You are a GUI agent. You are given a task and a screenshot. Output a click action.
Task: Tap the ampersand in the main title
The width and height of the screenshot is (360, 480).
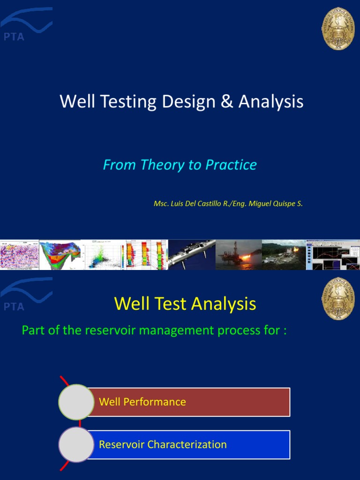pos(227,102)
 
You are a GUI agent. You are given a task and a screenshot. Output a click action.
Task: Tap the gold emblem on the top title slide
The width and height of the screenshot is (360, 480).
pos(338,29)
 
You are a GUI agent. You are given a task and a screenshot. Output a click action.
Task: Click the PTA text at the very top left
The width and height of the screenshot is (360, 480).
pos(14,37)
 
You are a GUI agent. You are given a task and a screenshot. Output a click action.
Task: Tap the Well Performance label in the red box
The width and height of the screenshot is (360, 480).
pos(142,402)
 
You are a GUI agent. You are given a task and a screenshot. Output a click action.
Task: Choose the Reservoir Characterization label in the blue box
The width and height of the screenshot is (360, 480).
pos(163,444)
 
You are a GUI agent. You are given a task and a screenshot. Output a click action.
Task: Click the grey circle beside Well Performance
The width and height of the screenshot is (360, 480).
pos(76,402)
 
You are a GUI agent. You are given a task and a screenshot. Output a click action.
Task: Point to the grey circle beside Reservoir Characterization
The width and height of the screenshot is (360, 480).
pos(76,444)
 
